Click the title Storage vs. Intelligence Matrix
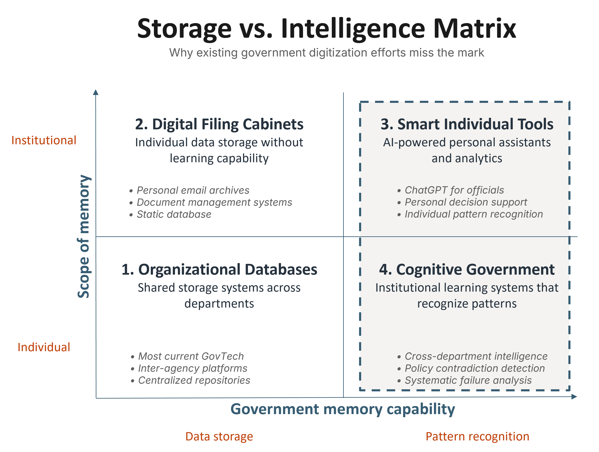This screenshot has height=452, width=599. (x=326, y=28)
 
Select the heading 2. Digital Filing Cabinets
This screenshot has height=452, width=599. (x=219, y=124)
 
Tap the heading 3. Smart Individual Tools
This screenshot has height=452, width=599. (x=467, y=124)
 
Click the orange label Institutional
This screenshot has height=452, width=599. (x=44, y=140)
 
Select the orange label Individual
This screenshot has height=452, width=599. (x=44, y=347)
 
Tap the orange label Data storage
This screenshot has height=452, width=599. (x=219, y=436)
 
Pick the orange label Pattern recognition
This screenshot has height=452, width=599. (x=477, y=436)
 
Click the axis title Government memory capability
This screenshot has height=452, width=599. (x=343, y=409)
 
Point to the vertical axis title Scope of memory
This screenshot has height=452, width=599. (x=84, y=236)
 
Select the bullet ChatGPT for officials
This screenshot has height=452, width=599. (x=454, y=190)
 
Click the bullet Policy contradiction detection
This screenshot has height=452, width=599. (x=474, y=368)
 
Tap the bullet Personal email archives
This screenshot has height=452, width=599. (x=193, y=190)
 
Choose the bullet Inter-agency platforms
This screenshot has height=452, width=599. (x=193, y=368)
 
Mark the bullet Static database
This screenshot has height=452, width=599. (x=174, y=214)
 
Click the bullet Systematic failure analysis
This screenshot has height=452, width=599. (x=468, y=380)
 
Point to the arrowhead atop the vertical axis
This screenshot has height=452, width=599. (x=96, y=92)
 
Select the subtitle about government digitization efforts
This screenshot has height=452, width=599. (x=326, y=53)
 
